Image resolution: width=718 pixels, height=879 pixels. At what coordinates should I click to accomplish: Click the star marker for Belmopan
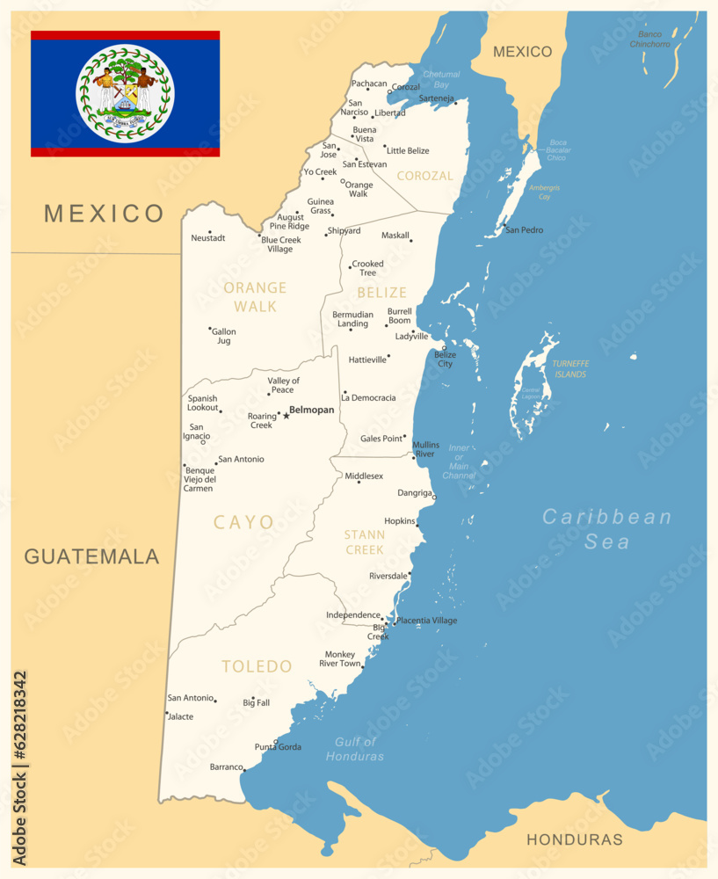(x=286, y=416)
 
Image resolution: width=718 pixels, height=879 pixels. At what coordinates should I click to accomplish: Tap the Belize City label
(x=445, y=359)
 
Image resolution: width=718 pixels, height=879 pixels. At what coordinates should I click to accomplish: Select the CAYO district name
(x=243, y=522)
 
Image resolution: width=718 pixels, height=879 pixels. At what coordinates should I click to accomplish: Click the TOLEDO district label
(x=257, y=666)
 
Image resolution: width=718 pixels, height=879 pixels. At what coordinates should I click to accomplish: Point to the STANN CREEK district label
(x=365, y=541)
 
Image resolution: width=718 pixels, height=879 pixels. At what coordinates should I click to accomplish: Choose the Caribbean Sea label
(x=606, y=528)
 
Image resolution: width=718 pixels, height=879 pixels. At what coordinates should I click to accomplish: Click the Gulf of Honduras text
(x=355, y=749)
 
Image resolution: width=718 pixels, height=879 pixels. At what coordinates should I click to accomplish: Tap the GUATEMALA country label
(x=91, y=556)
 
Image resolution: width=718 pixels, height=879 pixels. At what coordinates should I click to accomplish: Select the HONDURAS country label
(x=574, y=839)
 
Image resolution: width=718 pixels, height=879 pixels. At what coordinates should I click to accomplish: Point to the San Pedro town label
(x=525, y=230)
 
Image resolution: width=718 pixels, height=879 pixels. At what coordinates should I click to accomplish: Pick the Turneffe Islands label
(x=569, y=369)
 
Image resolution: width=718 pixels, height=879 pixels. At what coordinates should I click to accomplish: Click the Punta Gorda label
(x=278, y=747)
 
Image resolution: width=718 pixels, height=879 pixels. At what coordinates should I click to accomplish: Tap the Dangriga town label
(x=415, y=493)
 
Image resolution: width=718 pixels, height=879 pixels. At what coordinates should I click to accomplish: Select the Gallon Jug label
(x=224, y=336)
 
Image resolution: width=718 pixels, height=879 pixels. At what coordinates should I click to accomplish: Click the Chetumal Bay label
(x=441, y=80)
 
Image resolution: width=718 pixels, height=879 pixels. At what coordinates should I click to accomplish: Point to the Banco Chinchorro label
(x=649, y=40)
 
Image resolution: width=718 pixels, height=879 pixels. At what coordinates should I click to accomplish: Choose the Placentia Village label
(x=426, y=621)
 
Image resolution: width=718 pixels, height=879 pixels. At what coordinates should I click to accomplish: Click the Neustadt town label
(x=208, y=238)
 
